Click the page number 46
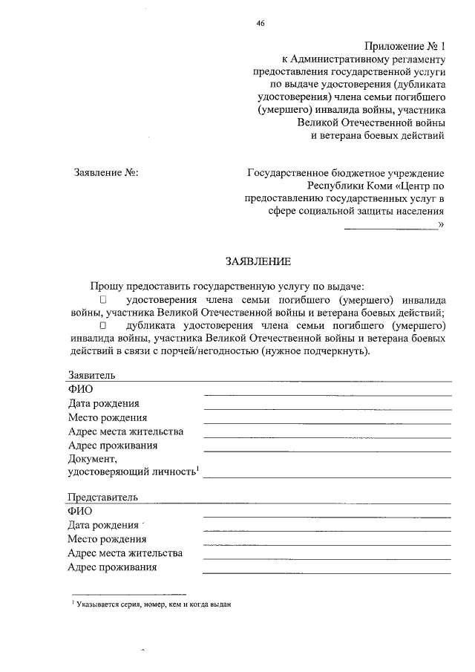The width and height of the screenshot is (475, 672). click(261, 23)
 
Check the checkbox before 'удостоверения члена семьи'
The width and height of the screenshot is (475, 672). click(103, 301)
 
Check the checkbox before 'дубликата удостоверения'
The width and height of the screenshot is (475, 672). click(103, 325)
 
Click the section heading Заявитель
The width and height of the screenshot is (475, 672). click(91, 375)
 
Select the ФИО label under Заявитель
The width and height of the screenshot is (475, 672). click(79, 389)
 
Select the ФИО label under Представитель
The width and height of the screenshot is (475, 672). click(79, 511)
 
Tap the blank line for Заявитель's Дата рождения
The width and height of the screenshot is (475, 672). click(327, 408)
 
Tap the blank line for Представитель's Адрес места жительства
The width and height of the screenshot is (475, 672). click(327, 558)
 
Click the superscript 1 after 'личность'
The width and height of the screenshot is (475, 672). click(198, 469)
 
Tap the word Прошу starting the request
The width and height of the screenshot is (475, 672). click(108, 286)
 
